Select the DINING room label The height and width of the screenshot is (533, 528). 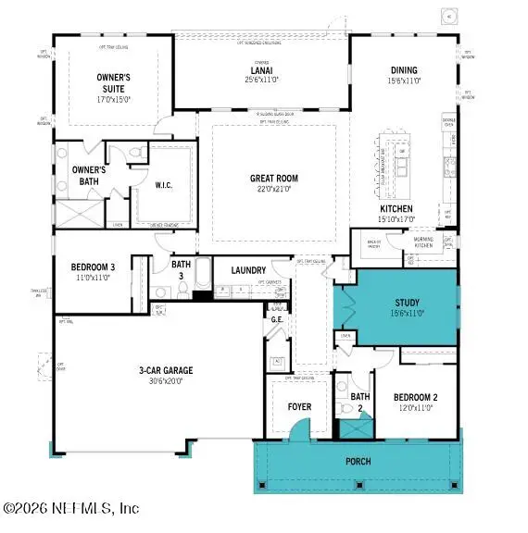[404, 70]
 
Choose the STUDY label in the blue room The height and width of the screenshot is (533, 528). [408, 302]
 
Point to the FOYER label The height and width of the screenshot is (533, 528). [298, 407]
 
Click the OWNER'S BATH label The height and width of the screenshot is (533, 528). [90, 175]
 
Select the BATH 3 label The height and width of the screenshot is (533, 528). [182, 269]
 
